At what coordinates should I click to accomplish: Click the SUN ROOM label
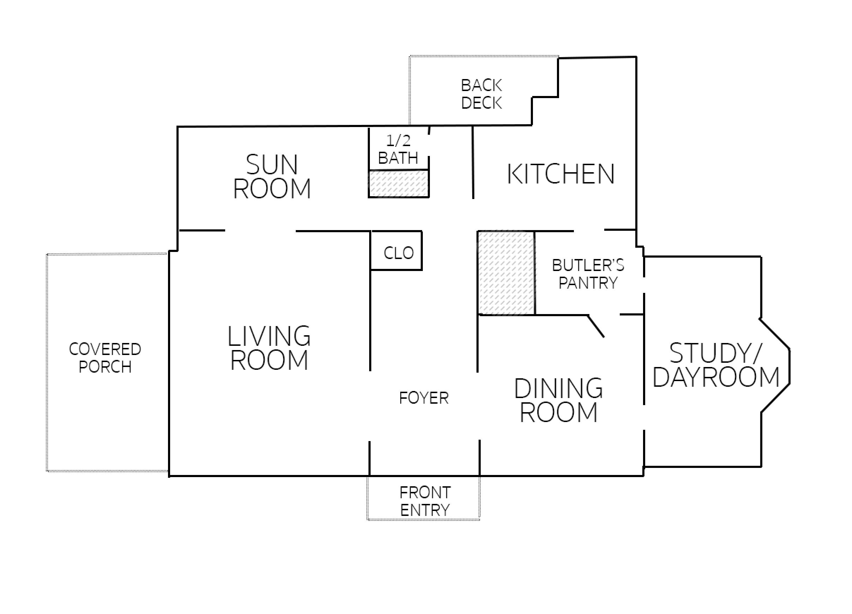click(x=272, y=176)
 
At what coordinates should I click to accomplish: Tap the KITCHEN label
click(x=561, y=174)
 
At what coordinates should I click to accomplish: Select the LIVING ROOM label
click(x=269, y=348)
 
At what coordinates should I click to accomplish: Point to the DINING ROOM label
click(x=559, y=400)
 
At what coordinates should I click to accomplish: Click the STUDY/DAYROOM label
click(x=716, y=365)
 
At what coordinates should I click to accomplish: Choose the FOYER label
click(x=424, y=398)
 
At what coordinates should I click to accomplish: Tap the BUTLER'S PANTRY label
click(x=588, y=274)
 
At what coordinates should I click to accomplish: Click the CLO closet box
click(x=397, y=251)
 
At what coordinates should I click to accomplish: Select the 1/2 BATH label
click(x=398, y=150)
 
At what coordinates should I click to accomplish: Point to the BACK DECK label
click(x=482, y=94)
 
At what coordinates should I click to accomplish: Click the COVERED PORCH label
click(x=105, y=358)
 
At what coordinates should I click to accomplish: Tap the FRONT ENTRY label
click(x=425, y=501)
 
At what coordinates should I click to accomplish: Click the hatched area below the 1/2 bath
click(x=398, y=183)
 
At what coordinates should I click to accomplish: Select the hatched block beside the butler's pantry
click(x=506, y=272)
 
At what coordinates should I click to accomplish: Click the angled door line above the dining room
click(x=596, y=326)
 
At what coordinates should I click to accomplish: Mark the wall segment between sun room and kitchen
click(x=473, y=163)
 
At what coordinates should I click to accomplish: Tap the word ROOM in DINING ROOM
click(x=559, y=412)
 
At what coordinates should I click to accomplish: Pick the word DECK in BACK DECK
click(x=482, y=103)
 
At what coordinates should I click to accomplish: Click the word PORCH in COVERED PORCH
click(x=105, y=367)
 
